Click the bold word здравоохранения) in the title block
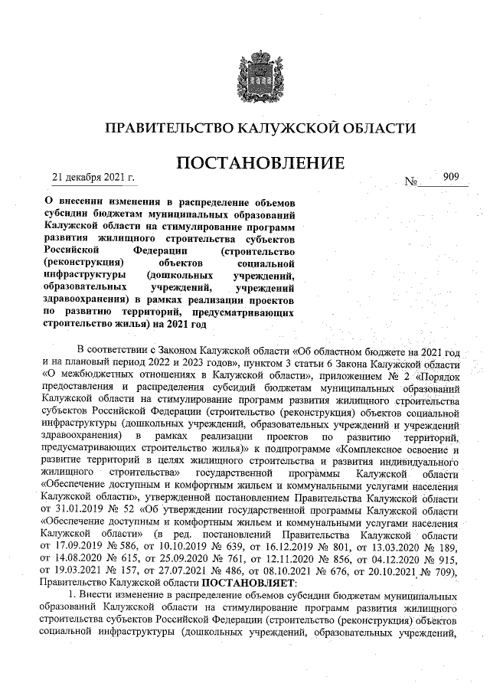tap(85, 300)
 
